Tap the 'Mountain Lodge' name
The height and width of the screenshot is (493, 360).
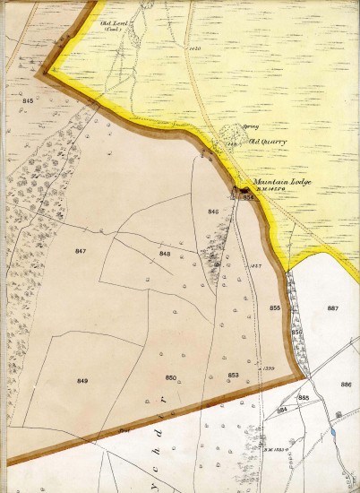point(263,180)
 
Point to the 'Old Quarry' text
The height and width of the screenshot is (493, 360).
point(266,141)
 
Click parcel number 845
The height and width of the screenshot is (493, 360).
point(28,101)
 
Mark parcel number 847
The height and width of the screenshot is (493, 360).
point(81,252)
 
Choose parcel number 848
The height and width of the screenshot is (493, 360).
point(165,254)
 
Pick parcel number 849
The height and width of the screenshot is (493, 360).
point(82,381)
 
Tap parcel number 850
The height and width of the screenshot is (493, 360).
point(171,377)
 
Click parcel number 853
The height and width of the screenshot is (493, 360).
point(233,374)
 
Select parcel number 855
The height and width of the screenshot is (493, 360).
point(274,308)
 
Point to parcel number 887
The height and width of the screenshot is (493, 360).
point(333,308)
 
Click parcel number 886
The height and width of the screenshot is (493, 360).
point(346,384)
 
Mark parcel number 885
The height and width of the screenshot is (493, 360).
point(304,397)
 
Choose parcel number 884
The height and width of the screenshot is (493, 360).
point(281,410)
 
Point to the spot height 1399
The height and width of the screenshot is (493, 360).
point(265,368)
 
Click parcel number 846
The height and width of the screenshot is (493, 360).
point(213,212)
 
